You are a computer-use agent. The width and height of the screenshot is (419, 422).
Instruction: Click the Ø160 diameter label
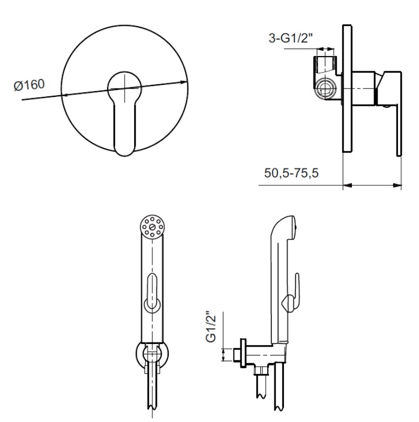29,85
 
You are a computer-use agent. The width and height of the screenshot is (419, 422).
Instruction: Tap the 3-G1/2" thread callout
291,38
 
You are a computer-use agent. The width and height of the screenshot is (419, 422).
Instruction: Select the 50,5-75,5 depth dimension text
291,173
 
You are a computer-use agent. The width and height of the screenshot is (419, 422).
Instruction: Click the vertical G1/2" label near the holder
211,327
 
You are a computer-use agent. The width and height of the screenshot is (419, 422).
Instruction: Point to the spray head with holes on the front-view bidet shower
152,227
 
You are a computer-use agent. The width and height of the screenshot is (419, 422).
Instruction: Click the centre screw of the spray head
152,227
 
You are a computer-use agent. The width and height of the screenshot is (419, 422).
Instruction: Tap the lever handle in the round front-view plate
125,114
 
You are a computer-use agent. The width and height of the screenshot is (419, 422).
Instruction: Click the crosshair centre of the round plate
125,88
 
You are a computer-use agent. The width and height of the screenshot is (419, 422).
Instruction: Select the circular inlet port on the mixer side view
326,88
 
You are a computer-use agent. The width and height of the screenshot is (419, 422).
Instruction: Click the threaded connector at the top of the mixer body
326,64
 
